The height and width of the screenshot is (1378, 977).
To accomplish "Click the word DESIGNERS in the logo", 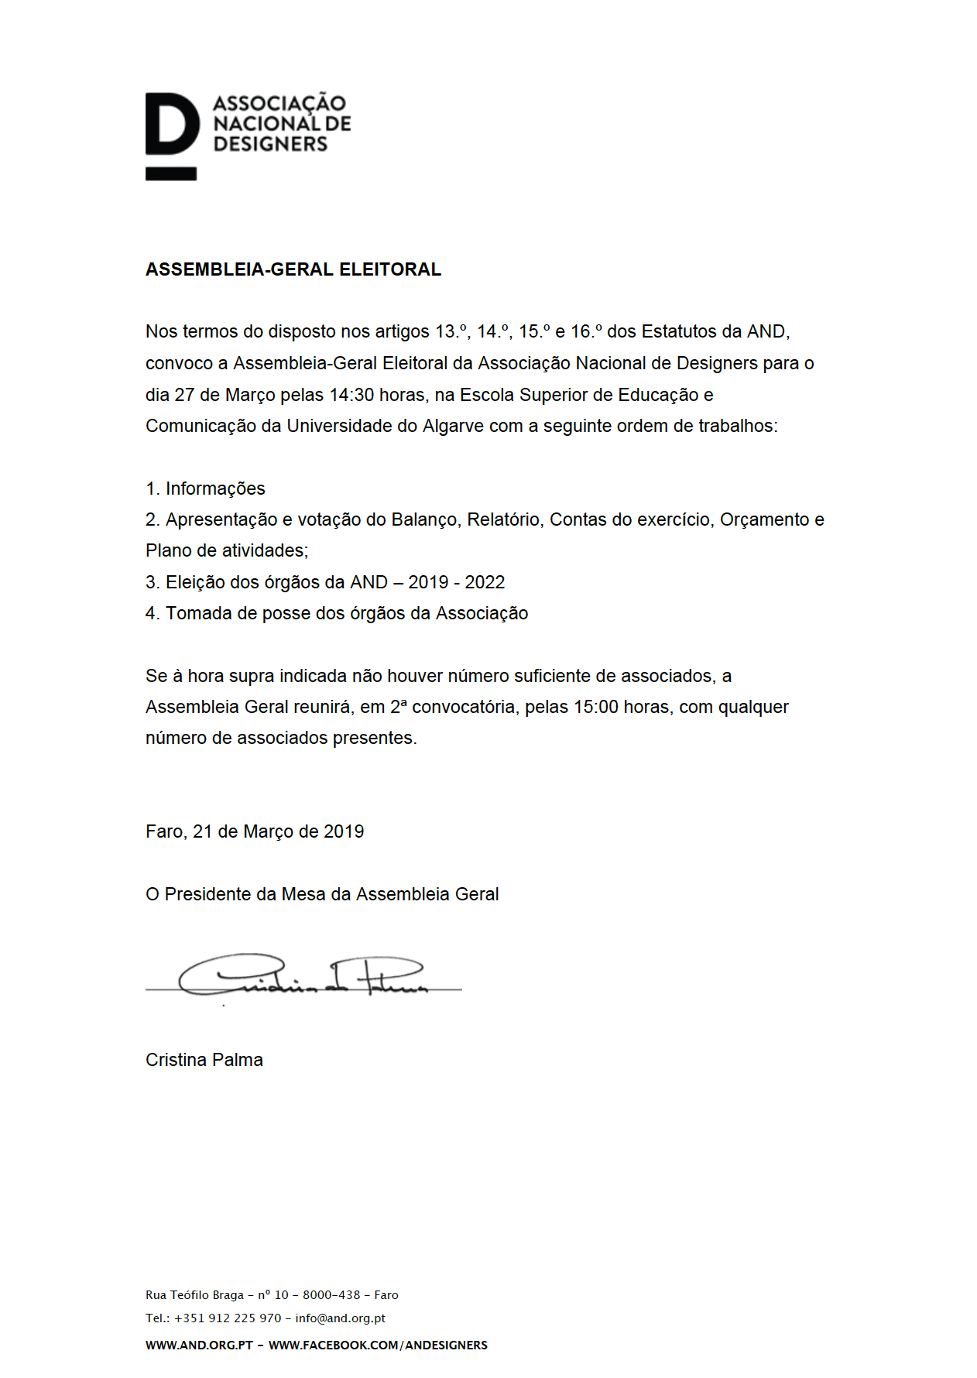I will click(x=270, y=144).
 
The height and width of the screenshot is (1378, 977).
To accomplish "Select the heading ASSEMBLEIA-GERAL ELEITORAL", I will click(x=293, y=269).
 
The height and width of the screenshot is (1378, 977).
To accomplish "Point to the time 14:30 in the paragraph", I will click(x=351, y=395).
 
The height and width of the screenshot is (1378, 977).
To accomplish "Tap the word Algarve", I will click(x=453, y=426).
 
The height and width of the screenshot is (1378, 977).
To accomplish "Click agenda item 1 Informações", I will click(x=205, y=488).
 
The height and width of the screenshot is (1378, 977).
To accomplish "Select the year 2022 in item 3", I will click(x=485, y=582).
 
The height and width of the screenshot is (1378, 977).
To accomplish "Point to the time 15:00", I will click(x=595, y=707).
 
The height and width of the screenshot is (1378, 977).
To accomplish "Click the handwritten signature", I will click(x=302, y=977).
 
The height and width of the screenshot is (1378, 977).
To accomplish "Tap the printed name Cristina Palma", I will click(x=204, y=1060).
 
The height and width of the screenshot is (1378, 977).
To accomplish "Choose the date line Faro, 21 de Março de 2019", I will click(x=255, y=831).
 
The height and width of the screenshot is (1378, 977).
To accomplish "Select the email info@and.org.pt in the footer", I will click(x=340, y=1318).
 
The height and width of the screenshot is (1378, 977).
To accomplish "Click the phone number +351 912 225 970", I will click(x=228, y=1318).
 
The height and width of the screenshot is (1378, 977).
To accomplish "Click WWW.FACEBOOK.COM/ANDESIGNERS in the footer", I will click(x=378, y=1345).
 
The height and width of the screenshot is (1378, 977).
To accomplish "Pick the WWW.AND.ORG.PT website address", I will click(x=199, y=1345).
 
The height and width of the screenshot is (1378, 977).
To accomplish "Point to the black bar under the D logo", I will click(x=171, y=174).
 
